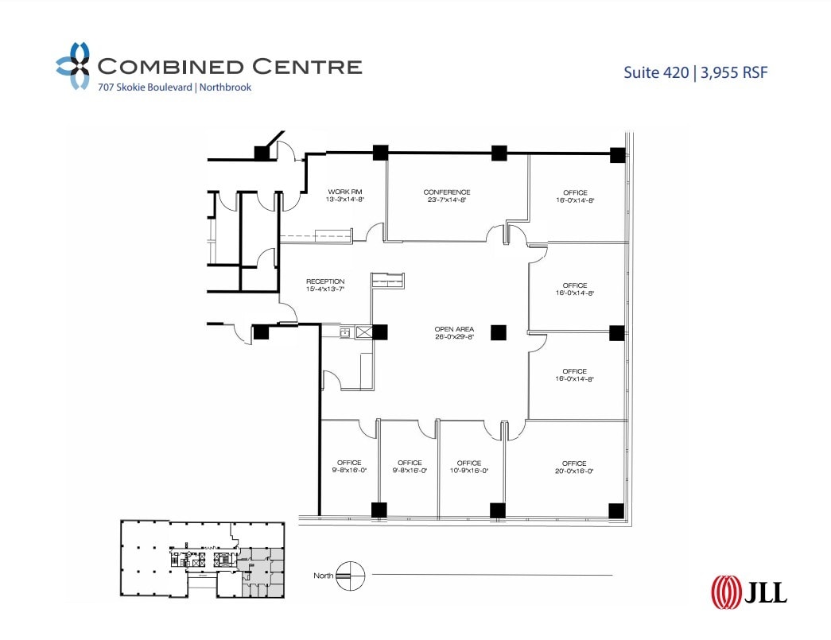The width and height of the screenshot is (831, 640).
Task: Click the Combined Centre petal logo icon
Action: (72, 65)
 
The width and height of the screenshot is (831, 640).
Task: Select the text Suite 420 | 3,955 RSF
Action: (696, 72)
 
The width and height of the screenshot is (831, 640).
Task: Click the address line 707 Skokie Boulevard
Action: (144, 87)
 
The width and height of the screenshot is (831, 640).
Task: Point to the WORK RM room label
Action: (345, 192)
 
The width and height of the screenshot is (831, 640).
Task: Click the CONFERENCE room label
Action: (446, 192)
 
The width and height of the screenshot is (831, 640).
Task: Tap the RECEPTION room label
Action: (325, 281)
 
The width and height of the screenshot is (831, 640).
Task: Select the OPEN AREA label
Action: (455, 329)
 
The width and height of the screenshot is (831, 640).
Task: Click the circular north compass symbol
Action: (350, 575)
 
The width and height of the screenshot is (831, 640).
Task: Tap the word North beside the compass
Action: (323, 576)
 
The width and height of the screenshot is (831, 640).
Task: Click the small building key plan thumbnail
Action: (202, 558)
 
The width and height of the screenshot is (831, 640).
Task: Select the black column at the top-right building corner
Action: (617, 155)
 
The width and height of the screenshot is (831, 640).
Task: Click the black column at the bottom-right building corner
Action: (615, 510)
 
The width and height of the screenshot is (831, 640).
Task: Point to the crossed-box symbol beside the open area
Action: (365, 333)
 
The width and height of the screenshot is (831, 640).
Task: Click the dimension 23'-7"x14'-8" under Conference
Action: (446, 200)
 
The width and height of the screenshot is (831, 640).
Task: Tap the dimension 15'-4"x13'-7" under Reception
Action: (325, 290)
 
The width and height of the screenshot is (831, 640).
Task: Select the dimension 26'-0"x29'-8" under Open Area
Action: (455, 337)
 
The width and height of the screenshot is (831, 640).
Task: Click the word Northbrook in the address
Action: (225, 87)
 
